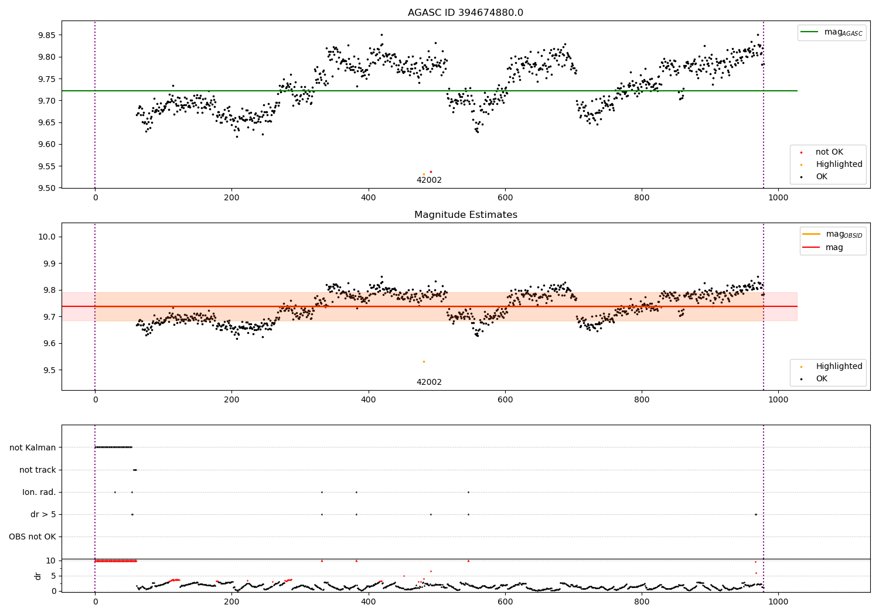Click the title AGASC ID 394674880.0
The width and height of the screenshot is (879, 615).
tap(465, 13)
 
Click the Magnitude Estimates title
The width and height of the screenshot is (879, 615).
tap(465, 215)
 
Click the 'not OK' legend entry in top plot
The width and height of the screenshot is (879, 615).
tap(829, 152)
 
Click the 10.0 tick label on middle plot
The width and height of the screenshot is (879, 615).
tap(47, 237)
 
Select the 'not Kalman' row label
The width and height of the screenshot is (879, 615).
tap(33, 447)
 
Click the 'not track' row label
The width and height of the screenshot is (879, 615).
tap(38, 470)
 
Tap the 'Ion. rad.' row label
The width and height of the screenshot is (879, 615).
tap(39, 492)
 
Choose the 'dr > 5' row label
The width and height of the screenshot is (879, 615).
tap(43, 514)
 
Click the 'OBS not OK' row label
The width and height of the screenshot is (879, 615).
tap(32, 537)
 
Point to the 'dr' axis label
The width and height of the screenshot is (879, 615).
tap(38, 576)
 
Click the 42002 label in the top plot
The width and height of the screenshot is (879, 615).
tap(429, 180)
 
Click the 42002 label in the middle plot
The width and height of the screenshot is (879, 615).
tap(429, 382)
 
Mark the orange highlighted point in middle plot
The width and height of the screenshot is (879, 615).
tap(424, 361)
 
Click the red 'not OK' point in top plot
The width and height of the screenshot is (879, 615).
tap(431, 172)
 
